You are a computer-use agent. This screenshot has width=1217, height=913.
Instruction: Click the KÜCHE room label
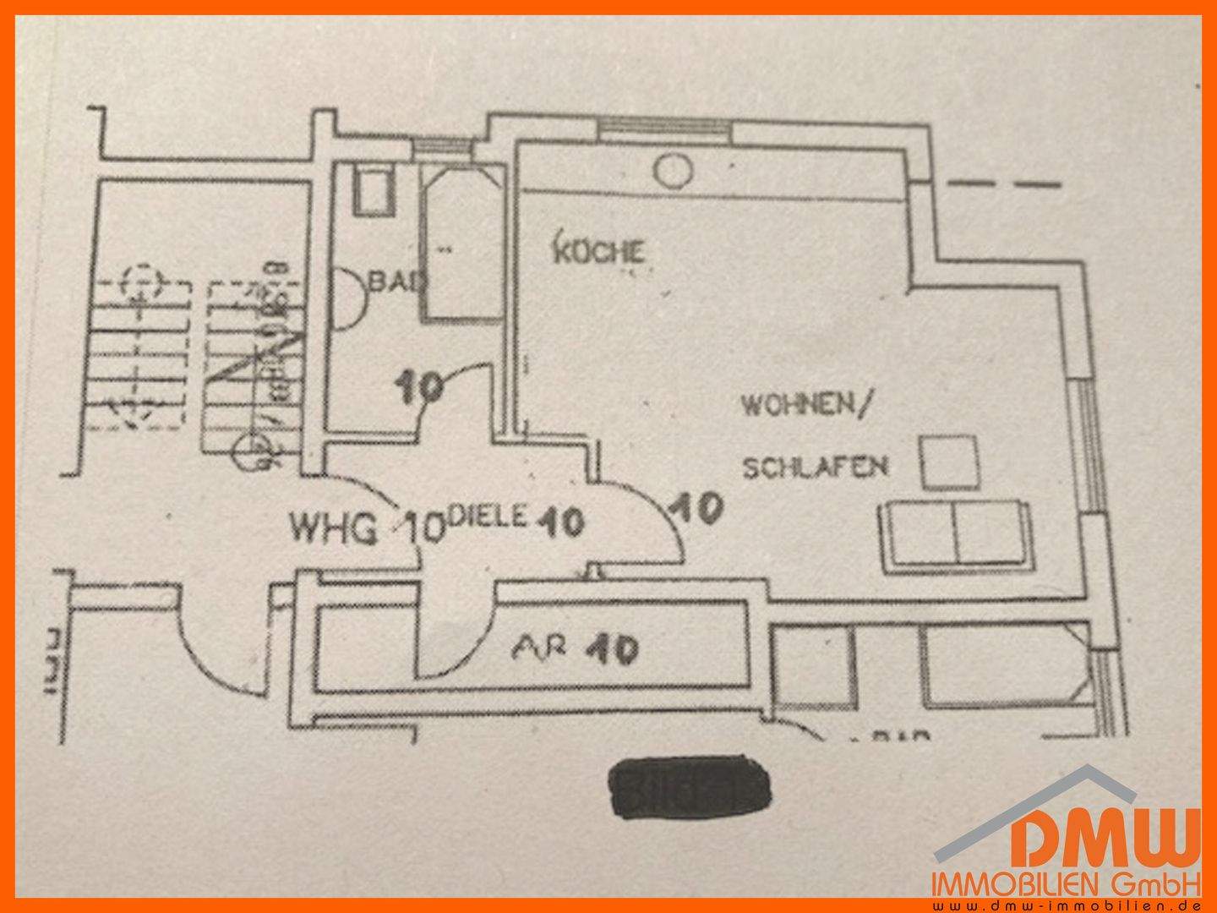[x=599, y=252]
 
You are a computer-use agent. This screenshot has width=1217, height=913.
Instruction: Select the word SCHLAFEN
[x=815, y=466]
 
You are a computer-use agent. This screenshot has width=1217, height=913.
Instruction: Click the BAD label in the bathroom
[x=392, y=282]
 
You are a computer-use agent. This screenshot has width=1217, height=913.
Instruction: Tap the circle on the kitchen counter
[x=674, y=171]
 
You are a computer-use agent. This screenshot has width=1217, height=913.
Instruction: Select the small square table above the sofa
[x=949, y=462]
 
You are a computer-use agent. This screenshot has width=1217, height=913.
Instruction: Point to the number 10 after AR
[x=614, y=649]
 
